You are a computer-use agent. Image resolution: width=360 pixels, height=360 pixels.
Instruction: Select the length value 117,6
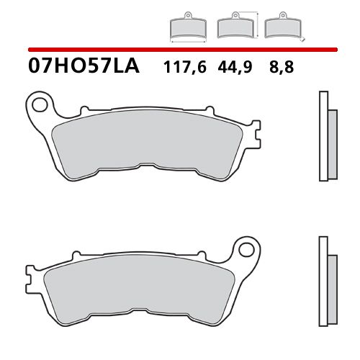[184, 68]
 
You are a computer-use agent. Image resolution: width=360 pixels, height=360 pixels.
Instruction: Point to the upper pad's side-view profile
[326, 137]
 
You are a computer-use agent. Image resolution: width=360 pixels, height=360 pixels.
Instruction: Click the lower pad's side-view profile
[326, 281]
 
